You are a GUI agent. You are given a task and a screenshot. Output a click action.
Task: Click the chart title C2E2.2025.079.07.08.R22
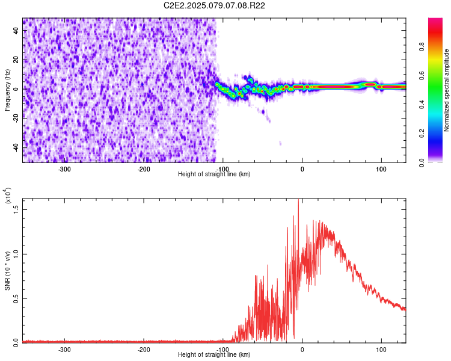pyautogui.click(x=214, y=5)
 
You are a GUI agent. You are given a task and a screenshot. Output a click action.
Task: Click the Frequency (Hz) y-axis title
pyautogui.click(x=7, y=90)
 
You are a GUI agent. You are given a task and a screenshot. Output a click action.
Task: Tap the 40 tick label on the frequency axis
pyautogui.click(x=16, y=31)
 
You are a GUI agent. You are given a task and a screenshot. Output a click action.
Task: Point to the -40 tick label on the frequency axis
pyautogui.click(x=16, y=149)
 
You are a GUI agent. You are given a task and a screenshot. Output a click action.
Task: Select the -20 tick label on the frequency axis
pyautogui.click(x=16, y=119)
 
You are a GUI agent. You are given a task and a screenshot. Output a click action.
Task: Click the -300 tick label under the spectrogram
pyautogui.click(x=64, y=169)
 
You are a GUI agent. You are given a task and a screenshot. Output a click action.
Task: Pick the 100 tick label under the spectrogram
pyautogui.click(x=381, y=169)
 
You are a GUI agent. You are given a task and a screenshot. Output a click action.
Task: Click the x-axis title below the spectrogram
pyautogui.click(x=214, y=174)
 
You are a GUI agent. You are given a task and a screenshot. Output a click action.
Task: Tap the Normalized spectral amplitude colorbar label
pyautogui.click(x=446, y=90)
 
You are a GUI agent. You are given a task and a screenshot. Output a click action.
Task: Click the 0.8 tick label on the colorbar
pyautogui.click(x=422, y=46)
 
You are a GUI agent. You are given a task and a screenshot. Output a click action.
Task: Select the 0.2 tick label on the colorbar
pyautogui.click(x=422, y=134)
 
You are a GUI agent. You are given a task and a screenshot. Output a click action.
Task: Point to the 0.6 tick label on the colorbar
pyautogui.click(x=422, y=75)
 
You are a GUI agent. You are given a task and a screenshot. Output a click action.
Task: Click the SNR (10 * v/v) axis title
pyautogui.click(x=7, y=271)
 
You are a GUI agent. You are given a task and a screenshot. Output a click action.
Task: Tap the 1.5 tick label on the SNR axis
pyautogui.click(x=16, y=209)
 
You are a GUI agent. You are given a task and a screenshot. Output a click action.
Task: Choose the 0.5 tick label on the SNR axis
pyautogui.click(x=16, y=298)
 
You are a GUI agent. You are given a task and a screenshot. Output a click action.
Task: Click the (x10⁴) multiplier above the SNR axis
pyautogui.click(x=8, y=196)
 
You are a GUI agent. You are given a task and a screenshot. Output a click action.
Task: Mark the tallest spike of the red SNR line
pyautogui.click(x=298, y=199)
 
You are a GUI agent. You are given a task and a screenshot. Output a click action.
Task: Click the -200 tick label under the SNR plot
pyautogui.click(x=144, y=350)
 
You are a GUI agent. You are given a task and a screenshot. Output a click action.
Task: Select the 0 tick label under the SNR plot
pyautogui.click(x=302, y=350)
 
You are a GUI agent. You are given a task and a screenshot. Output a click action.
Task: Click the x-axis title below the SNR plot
pyautogui.click(x=214, y=354)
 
